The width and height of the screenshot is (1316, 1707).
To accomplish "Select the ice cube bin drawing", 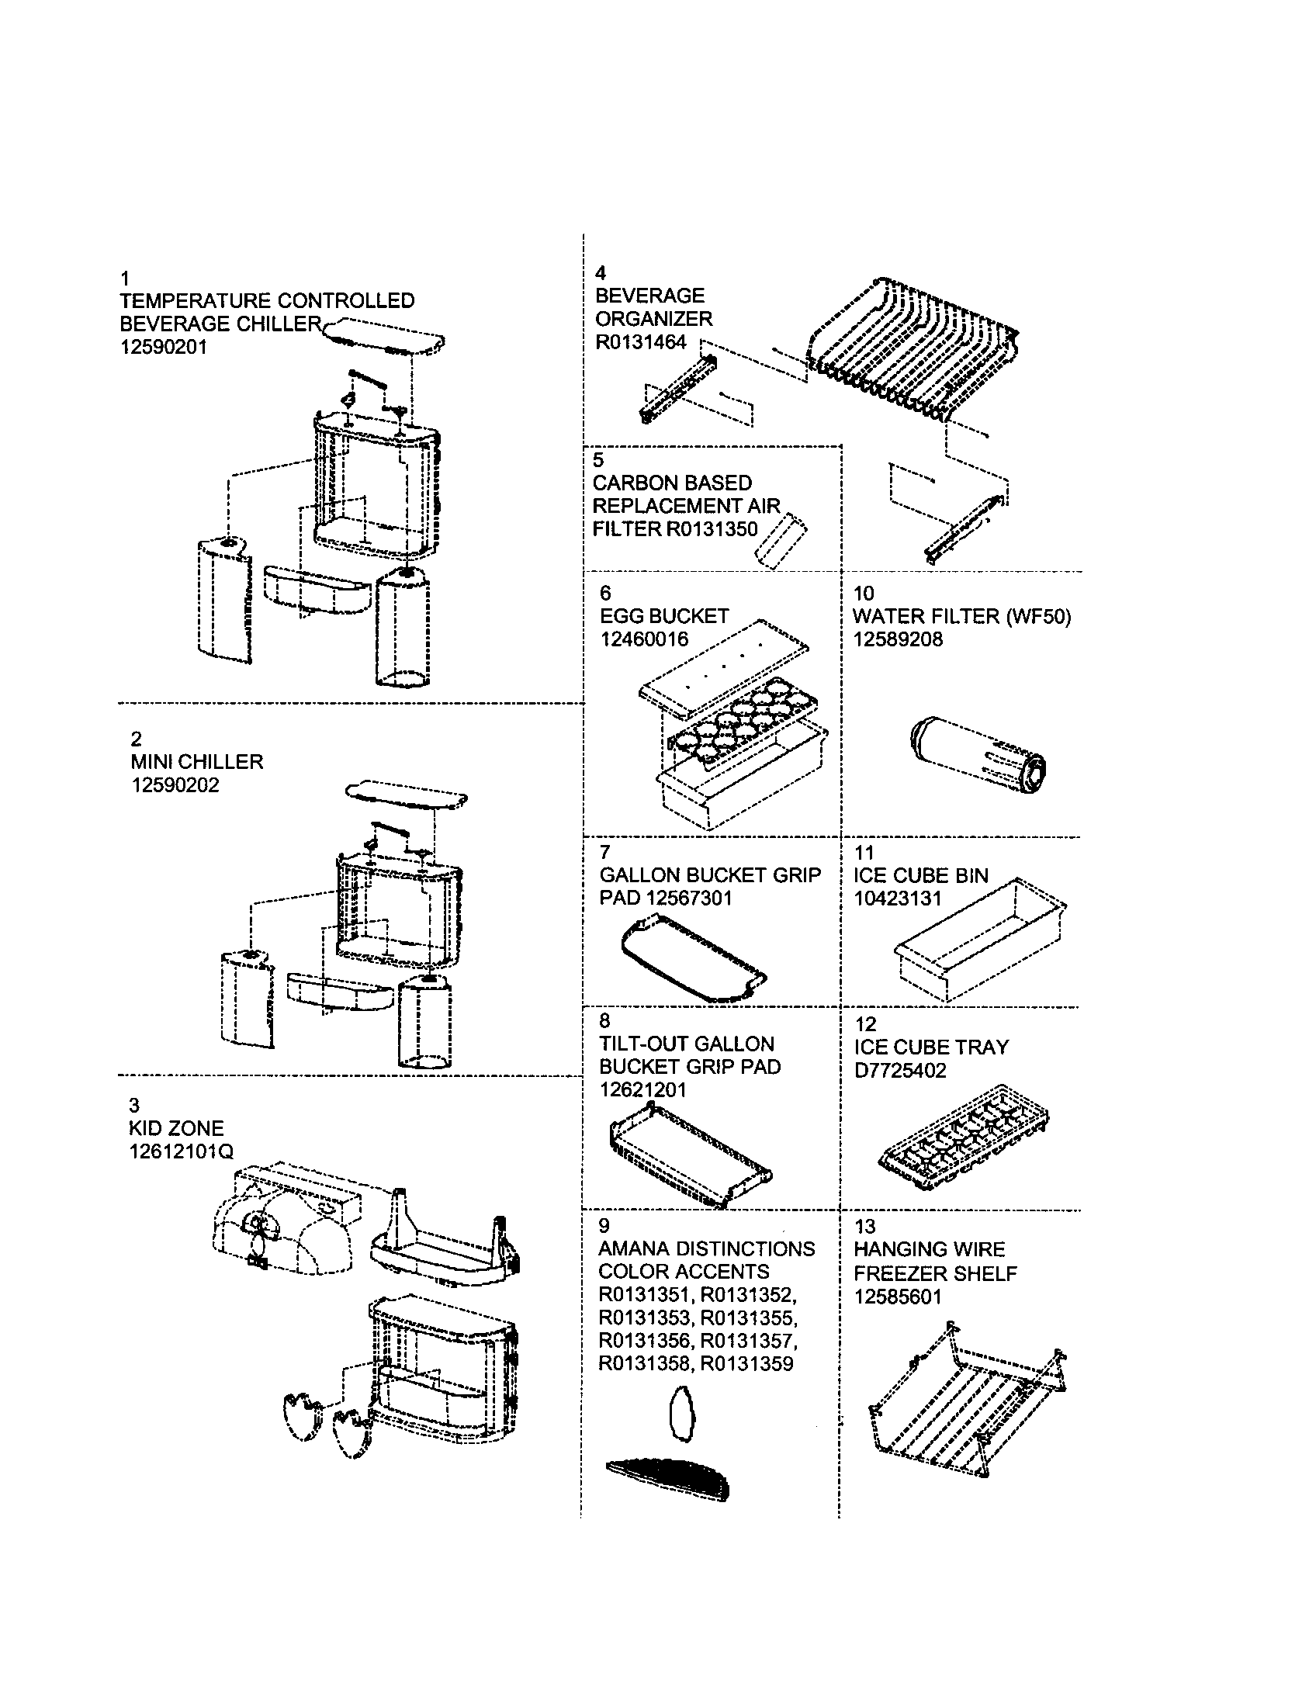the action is (x=980, y=939).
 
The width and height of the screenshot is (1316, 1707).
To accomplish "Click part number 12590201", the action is (x=163, y=347).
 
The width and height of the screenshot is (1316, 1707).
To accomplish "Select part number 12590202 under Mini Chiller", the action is (x=175, y=784).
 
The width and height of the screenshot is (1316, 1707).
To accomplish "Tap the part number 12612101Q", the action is (x=182, y=1151).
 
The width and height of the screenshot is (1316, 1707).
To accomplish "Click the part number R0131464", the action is (x=641, y=341).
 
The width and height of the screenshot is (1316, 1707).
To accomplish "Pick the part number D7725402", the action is (x=900, y=1070).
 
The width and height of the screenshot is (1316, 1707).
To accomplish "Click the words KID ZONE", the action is (x=177, y=1128).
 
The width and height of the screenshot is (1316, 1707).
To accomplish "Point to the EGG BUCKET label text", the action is (x=664, y=616).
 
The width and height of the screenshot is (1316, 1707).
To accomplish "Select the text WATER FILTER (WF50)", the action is (x=962, y=616).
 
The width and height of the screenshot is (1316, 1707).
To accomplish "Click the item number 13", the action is (x=865, y=1226).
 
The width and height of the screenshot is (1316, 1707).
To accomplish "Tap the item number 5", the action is (x=598, y=460).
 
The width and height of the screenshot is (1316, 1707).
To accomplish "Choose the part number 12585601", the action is (x=898, y=1297).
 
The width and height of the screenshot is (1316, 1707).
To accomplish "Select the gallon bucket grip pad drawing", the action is (x=694, y=960).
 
